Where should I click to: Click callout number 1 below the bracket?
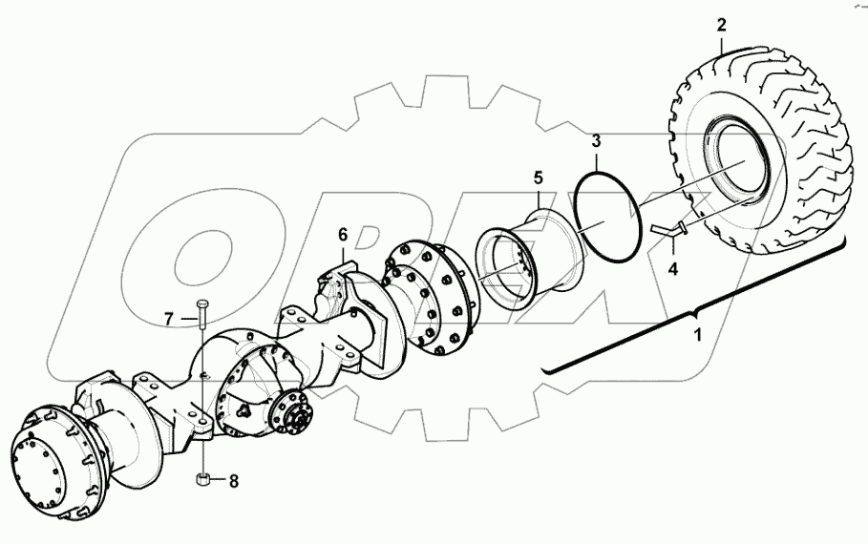[x=696, y=335]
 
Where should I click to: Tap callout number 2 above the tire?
[x=722, y=24]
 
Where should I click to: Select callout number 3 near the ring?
[x=595, y=141]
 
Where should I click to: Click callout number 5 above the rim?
[x=538, y=178]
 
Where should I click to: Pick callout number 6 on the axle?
[x=343, y=233]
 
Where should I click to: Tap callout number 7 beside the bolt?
[x=168, y=319]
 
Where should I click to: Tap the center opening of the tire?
[x=746, y=172]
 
